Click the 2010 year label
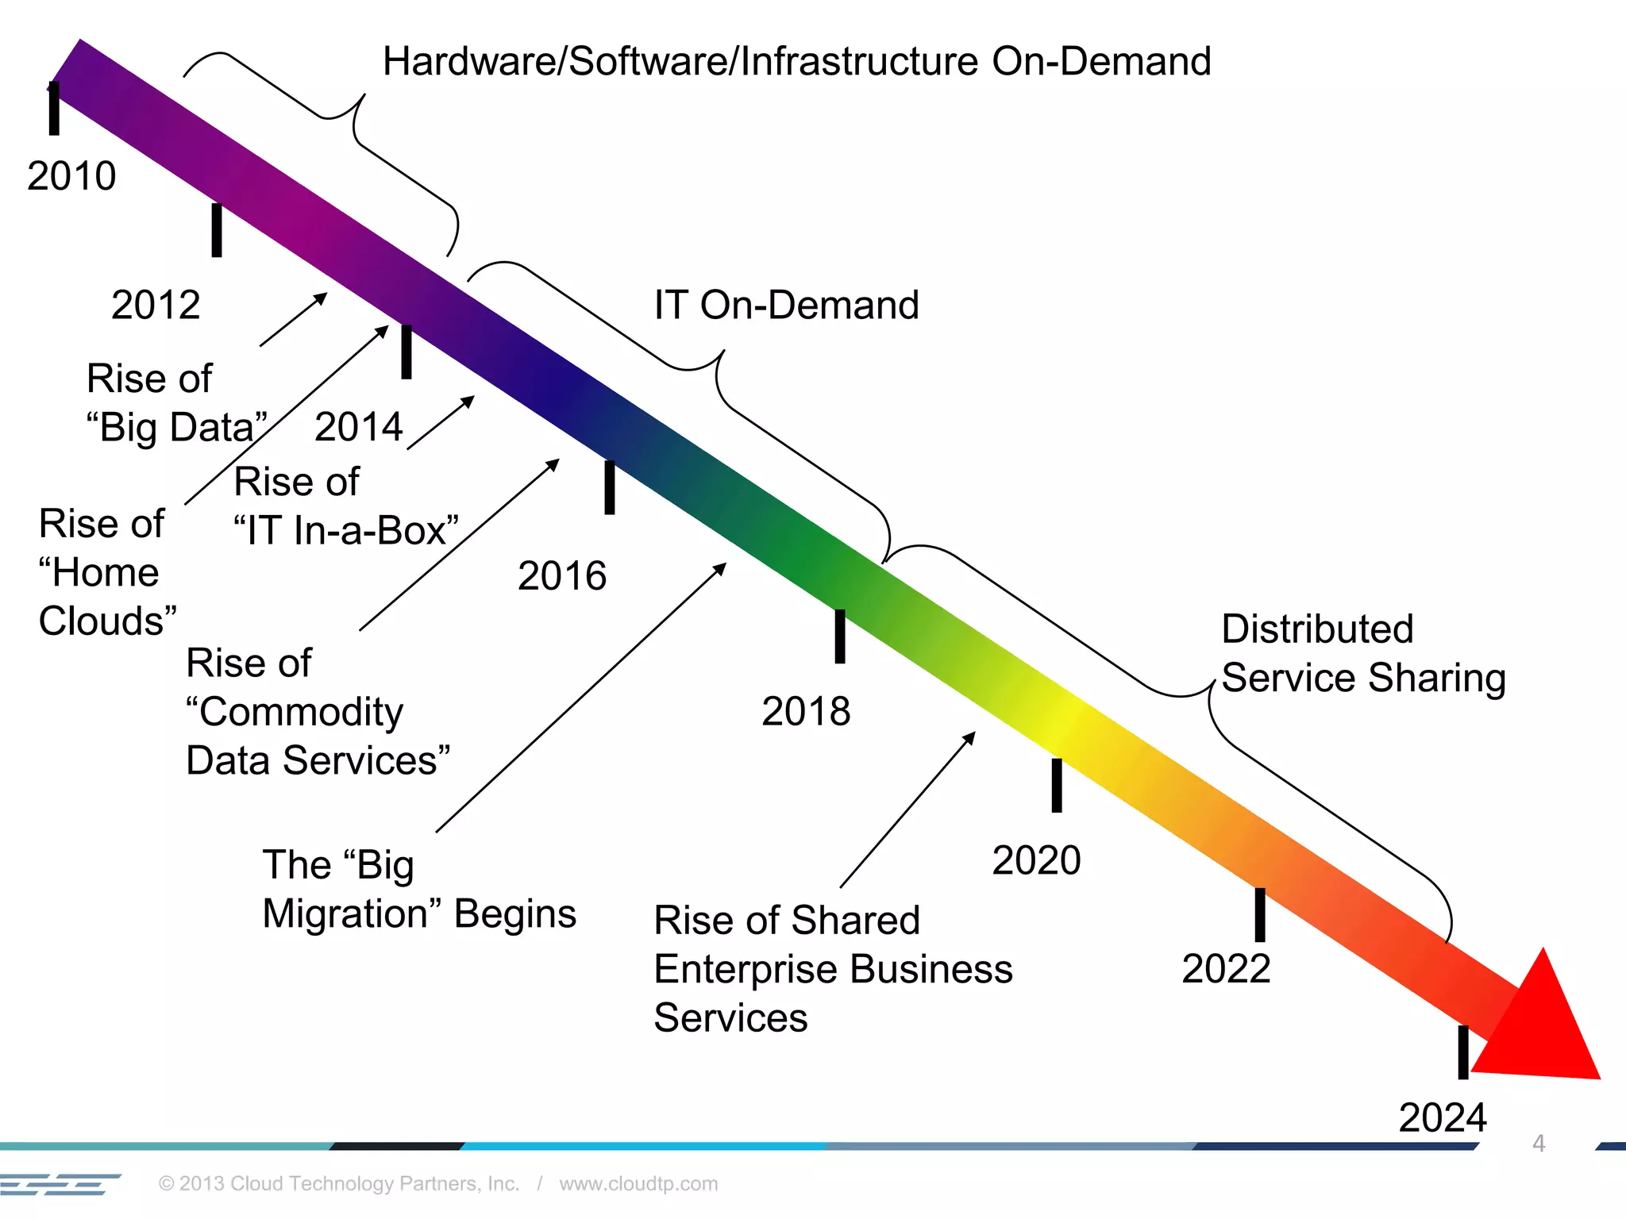[71, 175]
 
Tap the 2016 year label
[562, 575]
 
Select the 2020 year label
[1036, 860]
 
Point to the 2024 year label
[1442, 1117]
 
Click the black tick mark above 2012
[217, 230]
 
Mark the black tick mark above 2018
[840, 636]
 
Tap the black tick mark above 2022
[1260, 914]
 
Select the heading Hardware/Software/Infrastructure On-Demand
[796, 62]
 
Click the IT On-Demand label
[786, 305]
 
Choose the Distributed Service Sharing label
[1362, 653]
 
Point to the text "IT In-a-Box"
[346, 530]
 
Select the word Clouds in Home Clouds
[107, 621]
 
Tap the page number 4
[1539, 1143]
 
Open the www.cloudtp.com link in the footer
[638, 1183]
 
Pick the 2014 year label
[359, 427]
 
